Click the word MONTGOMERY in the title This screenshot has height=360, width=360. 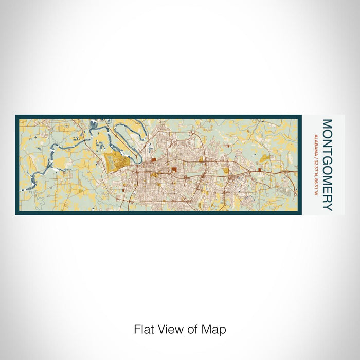click(327, 165)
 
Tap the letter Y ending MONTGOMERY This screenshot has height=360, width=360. click(327, 207)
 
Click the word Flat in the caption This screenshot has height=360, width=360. click(142, 329)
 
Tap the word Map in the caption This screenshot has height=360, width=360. click(215, 329)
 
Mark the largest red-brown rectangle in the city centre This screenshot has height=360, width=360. click(174, 168)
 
